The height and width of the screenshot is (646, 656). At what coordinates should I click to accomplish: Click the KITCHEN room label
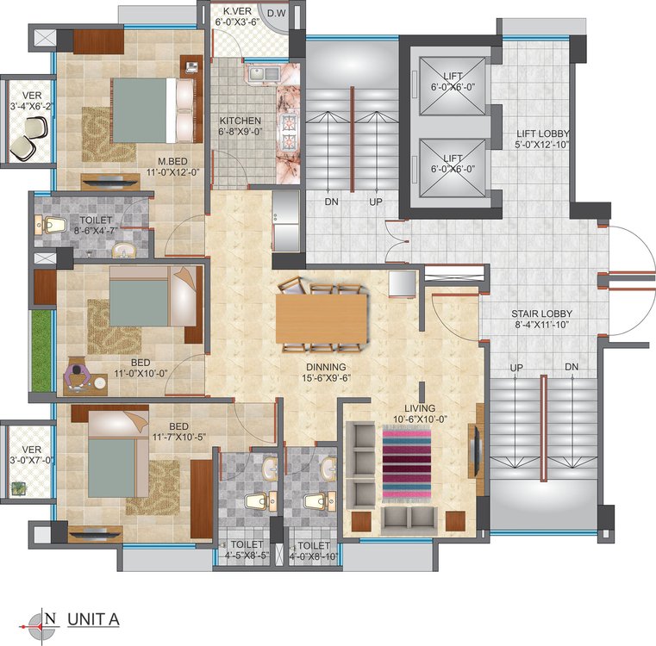241,121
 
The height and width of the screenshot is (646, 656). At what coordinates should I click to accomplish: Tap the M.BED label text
172,161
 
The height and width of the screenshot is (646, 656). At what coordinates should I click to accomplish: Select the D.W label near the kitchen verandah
276,13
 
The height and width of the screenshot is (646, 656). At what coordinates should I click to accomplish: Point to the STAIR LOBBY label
542,314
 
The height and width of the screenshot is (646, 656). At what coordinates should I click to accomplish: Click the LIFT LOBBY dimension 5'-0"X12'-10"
542,145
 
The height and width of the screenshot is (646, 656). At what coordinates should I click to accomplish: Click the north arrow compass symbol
41,626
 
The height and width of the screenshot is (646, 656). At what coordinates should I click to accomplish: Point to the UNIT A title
94,619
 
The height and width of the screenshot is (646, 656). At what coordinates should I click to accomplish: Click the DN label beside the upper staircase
331,202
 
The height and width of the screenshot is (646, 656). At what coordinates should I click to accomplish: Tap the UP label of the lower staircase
516,368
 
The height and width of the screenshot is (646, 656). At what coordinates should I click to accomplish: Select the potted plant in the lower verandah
18,488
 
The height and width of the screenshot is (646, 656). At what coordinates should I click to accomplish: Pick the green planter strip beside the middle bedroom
41,351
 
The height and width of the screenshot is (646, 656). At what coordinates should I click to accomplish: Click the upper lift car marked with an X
453,86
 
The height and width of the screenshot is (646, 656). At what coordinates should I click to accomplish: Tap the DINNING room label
327,367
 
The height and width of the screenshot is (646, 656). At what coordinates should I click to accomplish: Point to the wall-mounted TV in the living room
473,450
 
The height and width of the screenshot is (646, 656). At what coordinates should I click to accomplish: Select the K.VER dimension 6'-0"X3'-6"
237,22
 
